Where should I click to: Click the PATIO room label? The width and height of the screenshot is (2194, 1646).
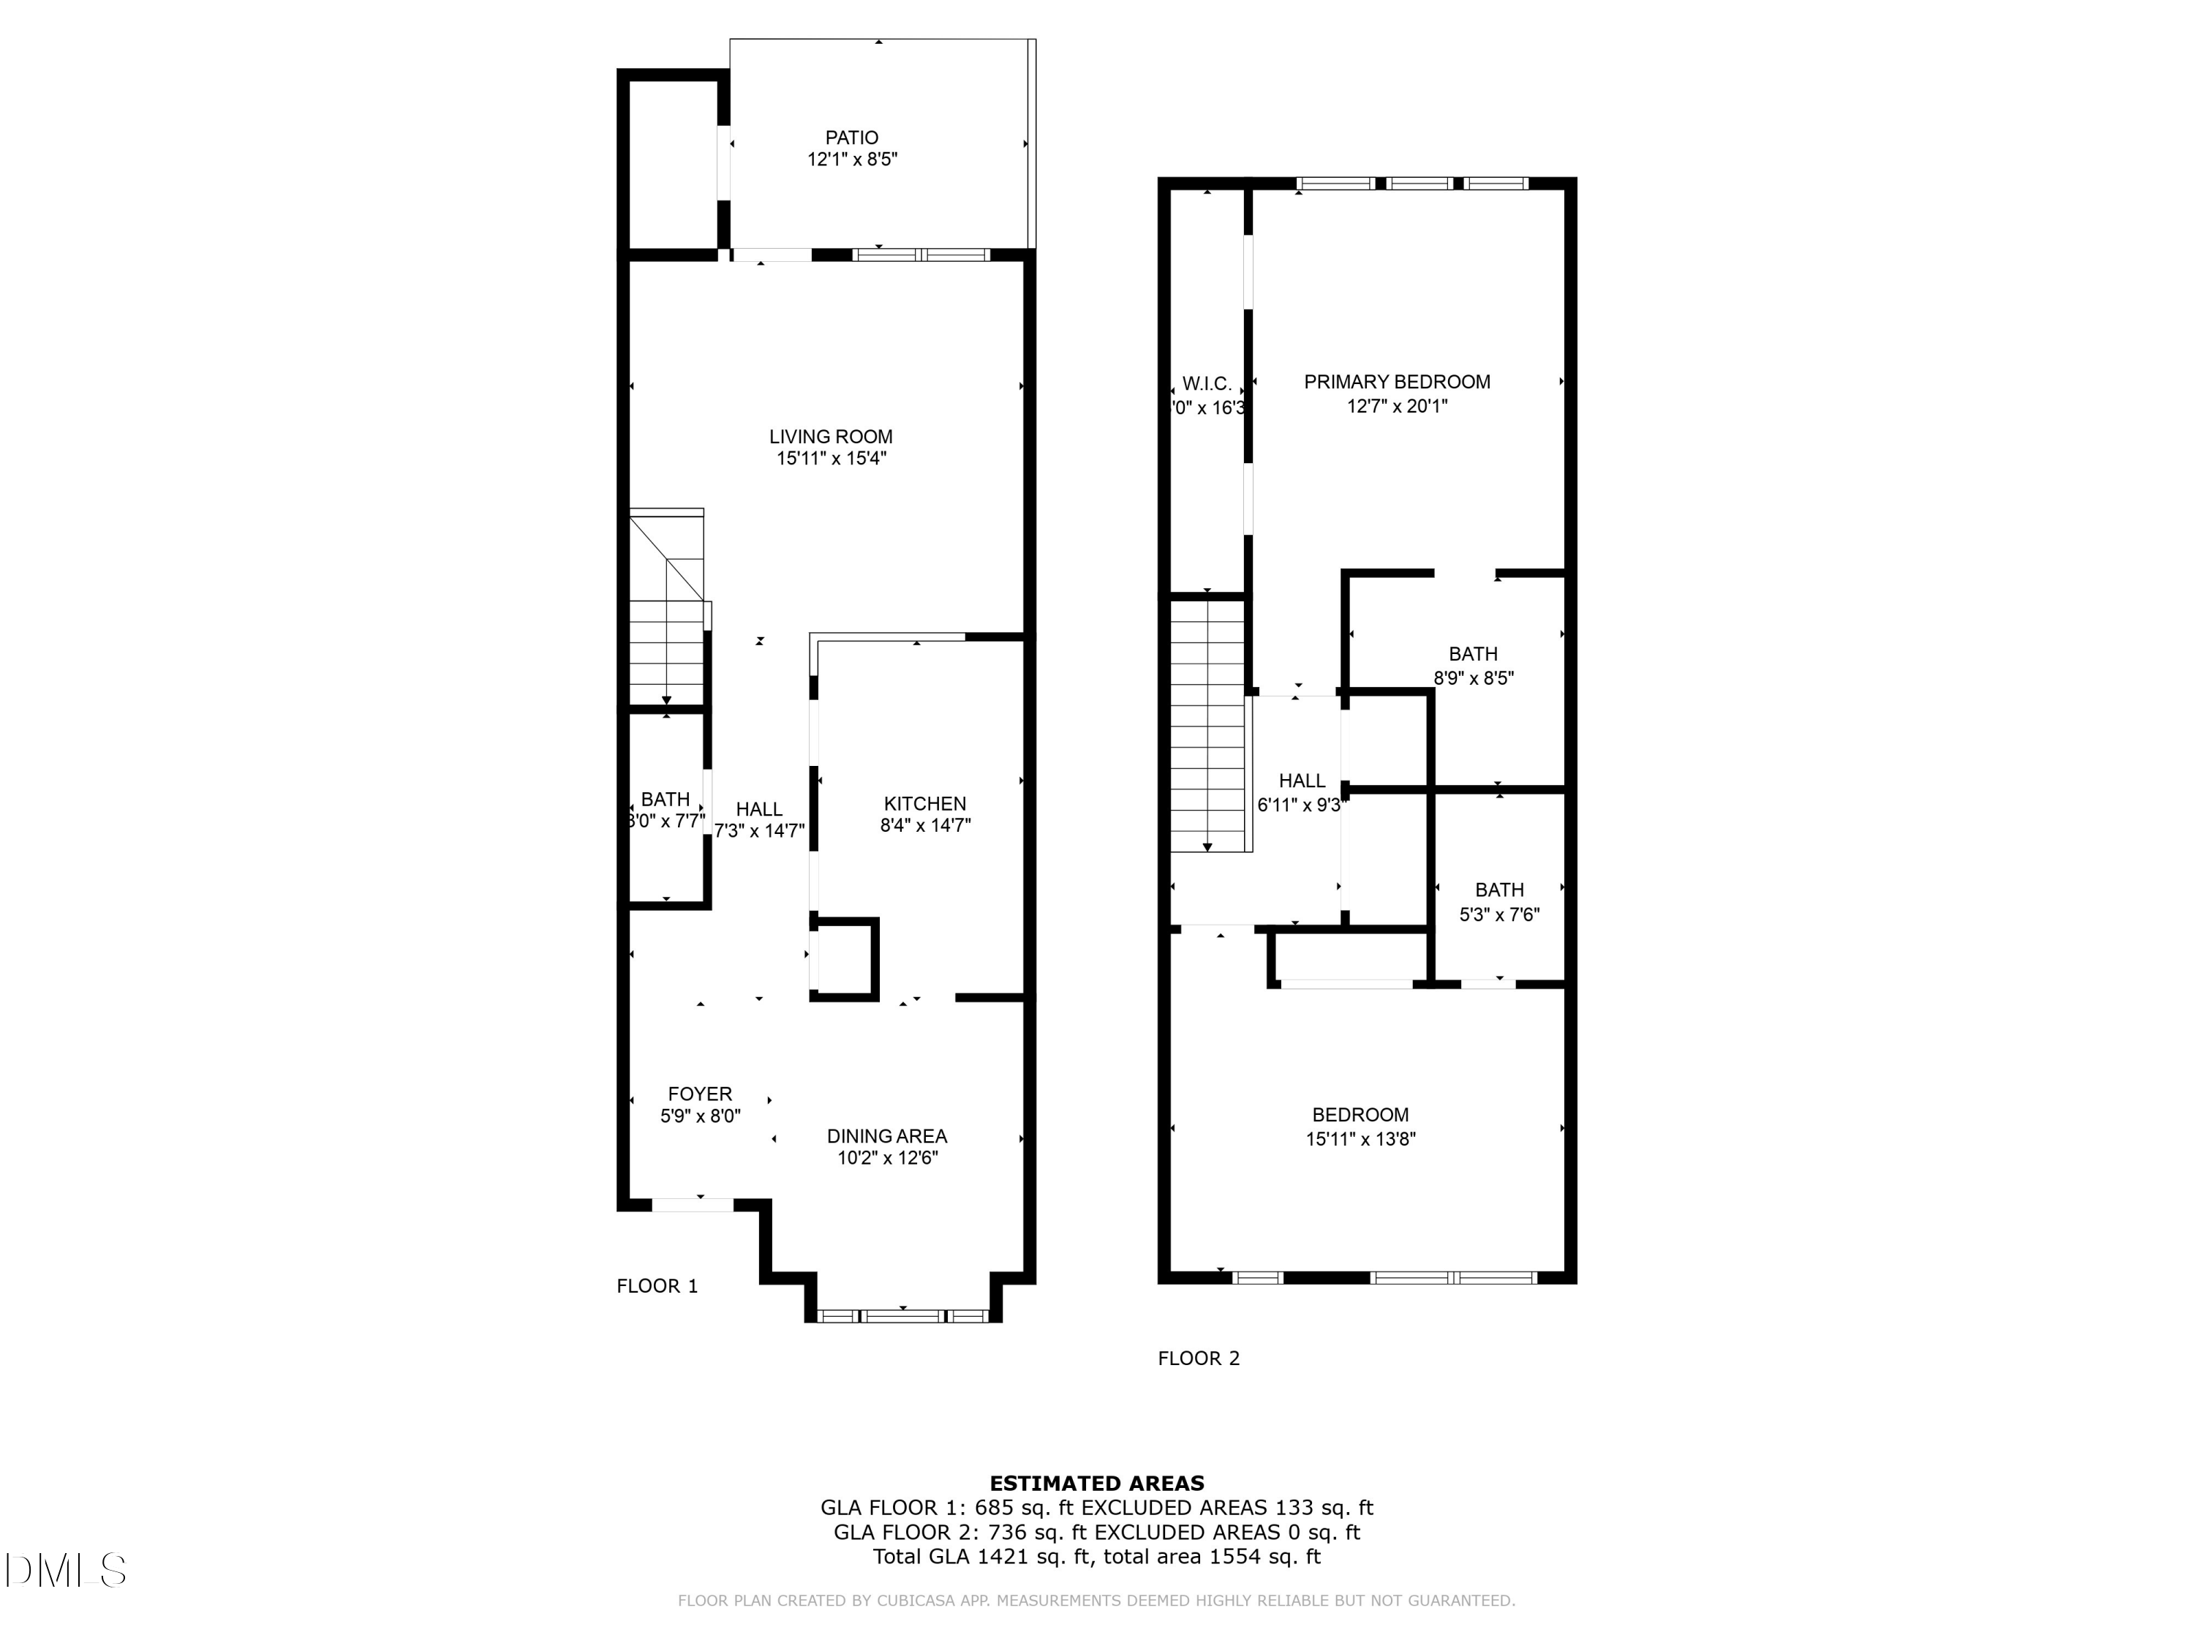(x=851, y=138)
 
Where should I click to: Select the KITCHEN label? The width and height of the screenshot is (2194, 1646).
(x=924, y=804)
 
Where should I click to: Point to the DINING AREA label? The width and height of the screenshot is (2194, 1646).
(x=886, y=1136)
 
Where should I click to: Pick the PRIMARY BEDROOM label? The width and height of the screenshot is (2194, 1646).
(x=1397, y=382)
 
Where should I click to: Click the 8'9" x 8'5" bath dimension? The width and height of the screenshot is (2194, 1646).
(x=1473, y=679)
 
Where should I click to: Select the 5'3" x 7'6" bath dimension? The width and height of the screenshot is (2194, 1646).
(x=1499, y=914)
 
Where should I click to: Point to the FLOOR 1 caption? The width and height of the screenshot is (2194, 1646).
(x=657, y=1286)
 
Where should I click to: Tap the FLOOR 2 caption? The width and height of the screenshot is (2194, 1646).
(x=1198, y=1358)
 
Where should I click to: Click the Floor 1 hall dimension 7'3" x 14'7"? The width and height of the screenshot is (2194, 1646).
(x=759, y=832)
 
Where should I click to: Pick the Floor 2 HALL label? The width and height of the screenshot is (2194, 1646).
(x=1301, y=781)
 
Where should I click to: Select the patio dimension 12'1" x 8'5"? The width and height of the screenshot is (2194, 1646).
(x=851, y=159)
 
